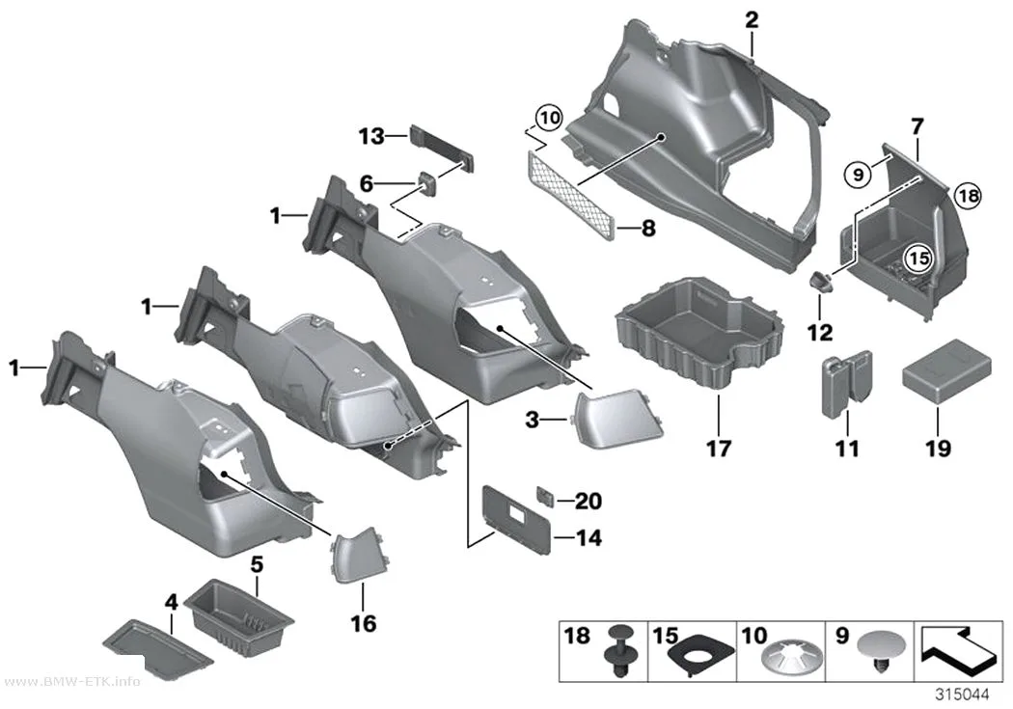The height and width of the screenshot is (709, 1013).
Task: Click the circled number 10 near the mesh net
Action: (x=549, y=118)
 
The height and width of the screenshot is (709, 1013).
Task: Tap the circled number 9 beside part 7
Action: (x=858, y=175)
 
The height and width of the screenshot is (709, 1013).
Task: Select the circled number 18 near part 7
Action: (x=967, y=195)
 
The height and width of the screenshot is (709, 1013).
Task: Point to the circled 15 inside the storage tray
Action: (x=918, y=259)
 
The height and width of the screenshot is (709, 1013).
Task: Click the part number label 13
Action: (x=371, y=136)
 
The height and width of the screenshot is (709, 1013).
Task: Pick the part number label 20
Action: (x=588, y=501)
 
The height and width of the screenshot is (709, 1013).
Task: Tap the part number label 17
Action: (x=719, y=448)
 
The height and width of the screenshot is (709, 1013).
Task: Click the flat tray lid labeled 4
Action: (x=157, y=645)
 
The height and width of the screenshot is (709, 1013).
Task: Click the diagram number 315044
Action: (x=962, y=695)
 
